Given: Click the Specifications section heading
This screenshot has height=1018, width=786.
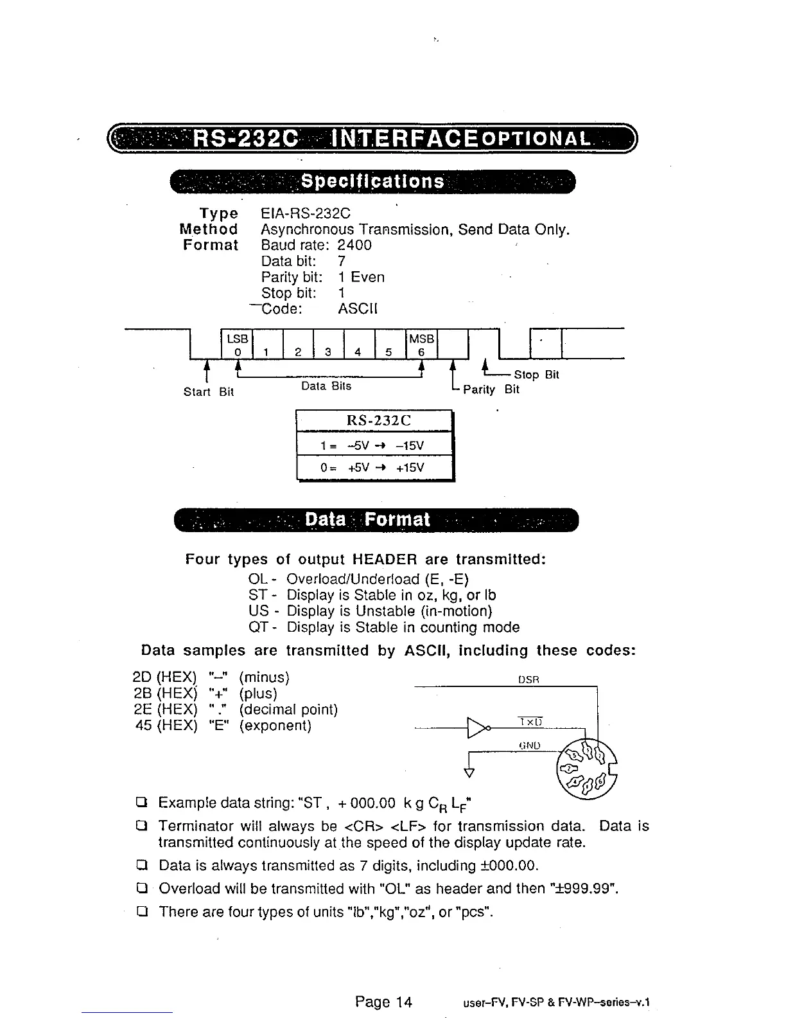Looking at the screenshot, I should pos(372,182).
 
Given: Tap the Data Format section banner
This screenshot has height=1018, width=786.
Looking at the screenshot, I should pos(367,519).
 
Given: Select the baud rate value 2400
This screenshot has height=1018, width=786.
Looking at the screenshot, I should pos(354,245).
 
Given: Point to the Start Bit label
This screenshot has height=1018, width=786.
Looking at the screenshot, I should pos(208,391).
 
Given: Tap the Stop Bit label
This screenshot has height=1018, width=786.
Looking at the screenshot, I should pos(536,375).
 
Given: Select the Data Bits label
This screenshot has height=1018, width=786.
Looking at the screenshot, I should pos(326,386).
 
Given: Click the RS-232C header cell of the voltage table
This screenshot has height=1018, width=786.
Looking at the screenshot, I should pos(374,421).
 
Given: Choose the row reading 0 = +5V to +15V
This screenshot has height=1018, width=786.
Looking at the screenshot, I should pos(374,467).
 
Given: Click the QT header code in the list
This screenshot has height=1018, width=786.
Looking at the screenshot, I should pos(258,627).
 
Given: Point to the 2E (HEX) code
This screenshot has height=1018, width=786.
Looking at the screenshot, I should pos(164,709).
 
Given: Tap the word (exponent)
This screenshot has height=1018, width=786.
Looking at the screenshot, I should pos(275,726).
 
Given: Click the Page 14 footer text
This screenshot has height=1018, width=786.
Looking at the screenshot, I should pos(383,1001).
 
